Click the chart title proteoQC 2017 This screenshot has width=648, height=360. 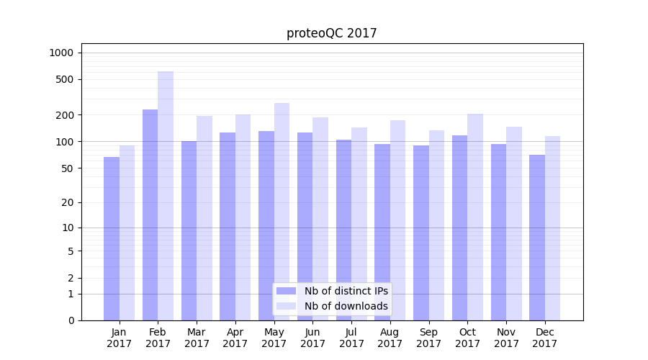tap(331, 33)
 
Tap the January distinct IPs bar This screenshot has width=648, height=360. tap(112, 238)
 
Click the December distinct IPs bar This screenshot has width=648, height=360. tap(537, 238)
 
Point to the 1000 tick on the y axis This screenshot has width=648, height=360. tap(61, 53)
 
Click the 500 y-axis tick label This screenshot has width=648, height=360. tap(64, 79)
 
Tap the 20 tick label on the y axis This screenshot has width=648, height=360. tap(67, 202)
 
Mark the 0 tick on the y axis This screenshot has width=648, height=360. tap(70, 320)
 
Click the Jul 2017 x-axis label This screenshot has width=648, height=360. tap(351, 338)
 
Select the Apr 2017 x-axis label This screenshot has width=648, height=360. tap(235, 338)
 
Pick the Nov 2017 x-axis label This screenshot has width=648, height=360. tap(506, 338)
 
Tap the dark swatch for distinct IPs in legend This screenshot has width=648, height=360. tap(287, 291)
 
